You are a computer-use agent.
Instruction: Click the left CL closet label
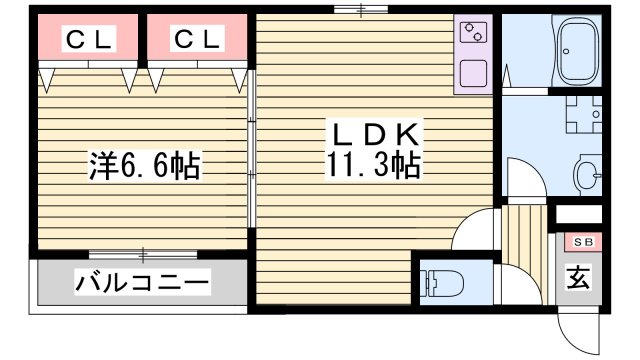click(90, 40)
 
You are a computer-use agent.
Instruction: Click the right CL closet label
click(197, 40)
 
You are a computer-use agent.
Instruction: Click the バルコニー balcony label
click(143, 283)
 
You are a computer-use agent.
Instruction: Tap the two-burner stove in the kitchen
click(472, 34)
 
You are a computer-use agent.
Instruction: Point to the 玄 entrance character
click(579, 278)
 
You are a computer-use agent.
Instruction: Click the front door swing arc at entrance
click(576, 329)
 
